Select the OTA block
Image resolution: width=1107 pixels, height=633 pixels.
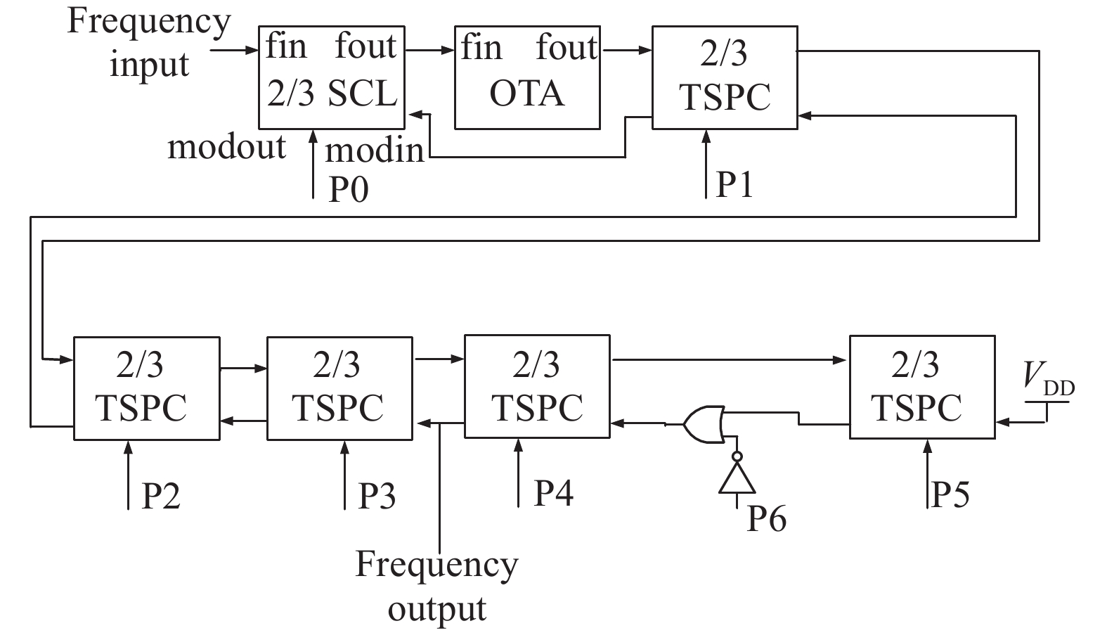click(527, 77)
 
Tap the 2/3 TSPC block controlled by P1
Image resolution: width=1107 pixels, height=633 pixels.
click(725, 77)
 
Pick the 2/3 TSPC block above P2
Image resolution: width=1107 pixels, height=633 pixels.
click(146, 388)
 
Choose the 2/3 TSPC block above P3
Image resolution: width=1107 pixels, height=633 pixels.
click(339, 388)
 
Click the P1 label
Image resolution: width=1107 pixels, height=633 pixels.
click(734, 184)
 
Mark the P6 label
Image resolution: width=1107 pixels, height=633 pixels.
click(766, 518)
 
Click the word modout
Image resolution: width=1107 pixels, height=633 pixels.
click(226, 147)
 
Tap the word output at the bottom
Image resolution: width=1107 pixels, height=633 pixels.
click(436, 608)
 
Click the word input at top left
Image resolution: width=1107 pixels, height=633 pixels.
click(149, 64)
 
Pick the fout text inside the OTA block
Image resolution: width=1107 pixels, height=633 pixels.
click(567, 48)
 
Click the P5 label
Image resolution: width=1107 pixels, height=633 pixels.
click(950, 494)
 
